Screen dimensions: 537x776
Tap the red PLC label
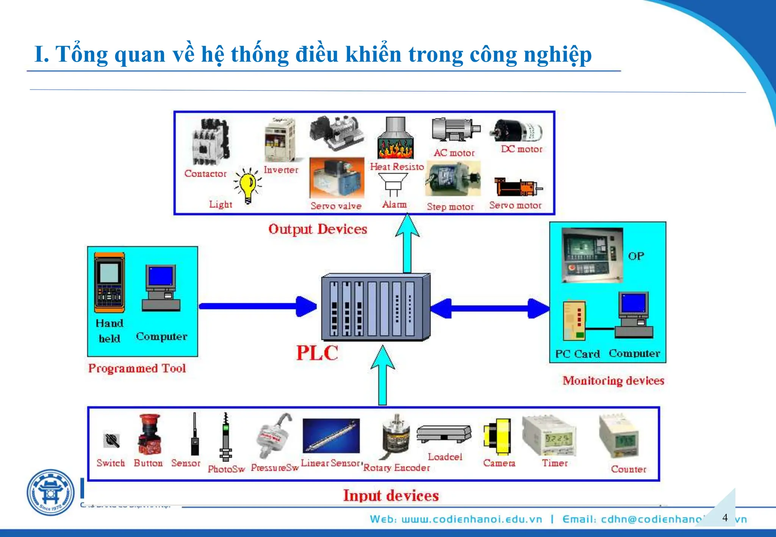click(317, 353)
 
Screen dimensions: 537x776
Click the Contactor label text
click(205, 174)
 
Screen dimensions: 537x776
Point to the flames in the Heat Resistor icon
click(395, 149)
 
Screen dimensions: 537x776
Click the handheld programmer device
click(110, 283)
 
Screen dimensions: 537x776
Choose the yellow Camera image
click(498, 436)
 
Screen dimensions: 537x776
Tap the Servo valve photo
click(336, 178)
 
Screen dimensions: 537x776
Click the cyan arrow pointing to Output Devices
click(407, 242)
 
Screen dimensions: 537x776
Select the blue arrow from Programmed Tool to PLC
click(258, 306)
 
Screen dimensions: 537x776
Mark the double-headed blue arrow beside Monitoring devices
click(490, 308)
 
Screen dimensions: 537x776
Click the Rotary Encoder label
click(396, 468)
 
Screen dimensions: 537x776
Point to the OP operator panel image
click(592, 255)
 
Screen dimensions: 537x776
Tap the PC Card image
click(574, 320)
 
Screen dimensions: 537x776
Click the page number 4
click(725, 518)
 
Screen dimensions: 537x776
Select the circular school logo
click(51, 492)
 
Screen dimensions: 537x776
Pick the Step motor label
click(450, 207)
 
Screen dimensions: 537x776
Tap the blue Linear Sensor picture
click(331, 436)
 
